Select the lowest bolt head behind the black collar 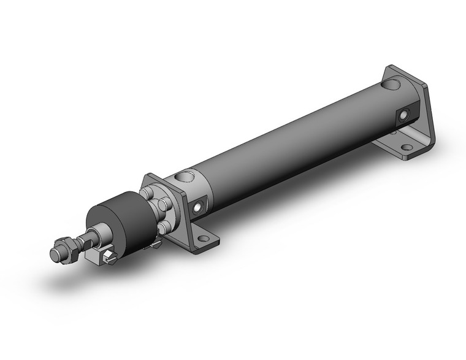click(162, 228)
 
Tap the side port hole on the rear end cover click(404, 115)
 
